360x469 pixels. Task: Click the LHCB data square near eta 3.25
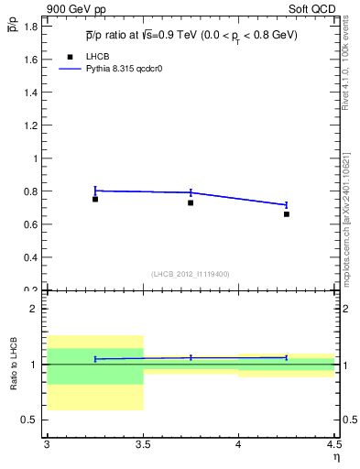tap(95, 199)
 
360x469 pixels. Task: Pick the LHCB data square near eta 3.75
tap(191, 202)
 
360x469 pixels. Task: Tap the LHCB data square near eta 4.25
tap(287, 214)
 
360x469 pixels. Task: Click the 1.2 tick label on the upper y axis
tap(33, 125)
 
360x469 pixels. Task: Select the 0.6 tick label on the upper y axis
tap(33, 224)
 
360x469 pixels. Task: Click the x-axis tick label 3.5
tap(143, 443)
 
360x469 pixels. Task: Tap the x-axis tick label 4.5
tap(333, 443)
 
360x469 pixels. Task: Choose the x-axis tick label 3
tap(47, 443)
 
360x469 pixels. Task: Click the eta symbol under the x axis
tap(335, 456)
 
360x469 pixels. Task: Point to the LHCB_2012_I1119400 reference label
tap(191, 273)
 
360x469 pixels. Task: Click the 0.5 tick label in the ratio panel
tap(31, 420)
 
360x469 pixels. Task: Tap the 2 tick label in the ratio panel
tap(36, 309)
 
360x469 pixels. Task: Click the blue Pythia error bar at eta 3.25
tap(95, 191)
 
